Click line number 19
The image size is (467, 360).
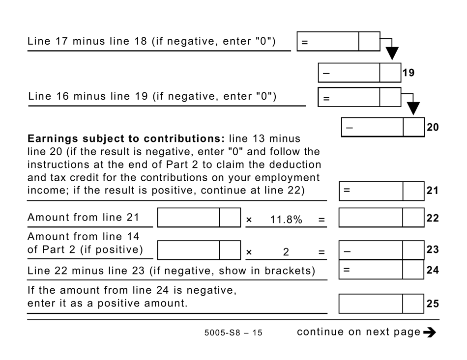408,73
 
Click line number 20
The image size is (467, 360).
432,127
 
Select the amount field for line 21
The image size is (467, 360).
381,191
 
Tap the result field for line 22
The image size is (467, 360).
381,218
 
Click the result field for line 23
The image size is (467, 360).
381,250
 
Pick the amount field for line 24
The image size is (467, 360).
381,270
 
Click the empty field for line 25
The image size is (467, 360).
381,304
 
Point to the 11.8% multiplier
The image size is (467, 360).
286,220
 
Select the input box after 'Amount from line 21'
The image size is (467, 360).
199,218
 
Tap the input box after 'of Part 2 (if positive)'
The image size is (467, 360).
199,250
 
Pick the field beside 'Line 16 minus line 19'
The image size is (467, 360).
359,97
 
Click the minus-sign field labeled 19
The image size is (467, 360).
359,73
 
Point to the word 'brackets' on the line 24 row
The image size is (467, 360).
295,270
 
